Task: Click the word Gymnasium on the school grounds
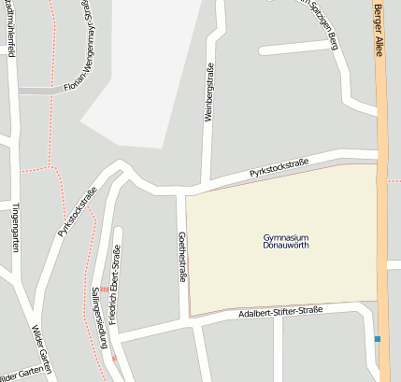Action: point(286,237)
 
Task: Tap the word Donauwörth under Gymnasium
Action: point(286,246)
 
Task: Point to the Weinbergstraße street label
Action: point(209,100)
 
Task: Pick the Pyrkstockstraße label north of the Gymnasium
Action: point(279,167)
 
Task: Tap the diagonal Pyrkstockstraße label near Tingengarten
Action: point(78,211)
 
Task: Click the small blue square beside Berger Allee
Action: point(378,338)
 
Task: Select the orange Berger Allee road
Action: point(382,187)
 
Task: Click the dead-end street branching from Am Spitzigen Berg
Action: point(294,46)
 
